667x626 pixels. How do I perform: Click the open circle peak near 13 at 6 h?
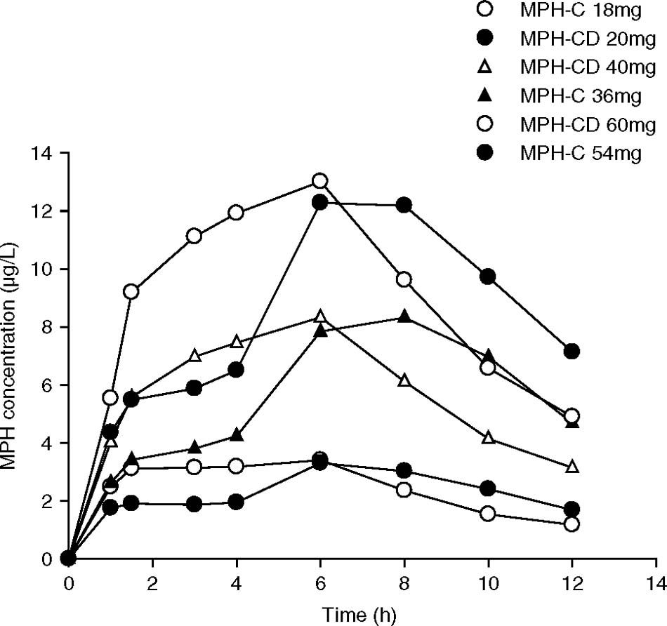pyautogui.click(x=320, y=181)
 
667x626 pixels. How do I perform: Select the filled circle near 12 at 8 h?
pyautogui.click(x=404, y=205)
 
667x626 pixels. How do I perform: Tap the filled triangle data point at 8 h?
pyautogui.click(x=404, y=317)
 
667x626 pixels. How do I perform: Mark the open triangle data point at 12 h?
pyautogui.click(x=572, y=467)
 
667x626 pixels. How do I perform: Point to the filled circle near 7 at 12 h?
pyautogui.click(x=572, y=351)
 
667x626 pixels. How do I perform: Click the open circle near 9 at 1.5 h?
pyautogui.click(x=131, y=291)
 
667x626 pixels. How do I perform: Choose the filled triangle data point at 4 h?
pyautogui.click(x=237, y=436)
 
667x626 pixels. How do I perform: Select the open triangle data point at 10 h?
pyautogui.click(x=488, y=438)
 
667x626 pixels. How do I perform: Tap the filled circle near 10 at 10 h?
pyautogui.click(x=488, y=277)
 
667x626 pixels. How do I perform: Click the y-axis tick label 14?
pyautogui.click(x=49, y=153)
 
